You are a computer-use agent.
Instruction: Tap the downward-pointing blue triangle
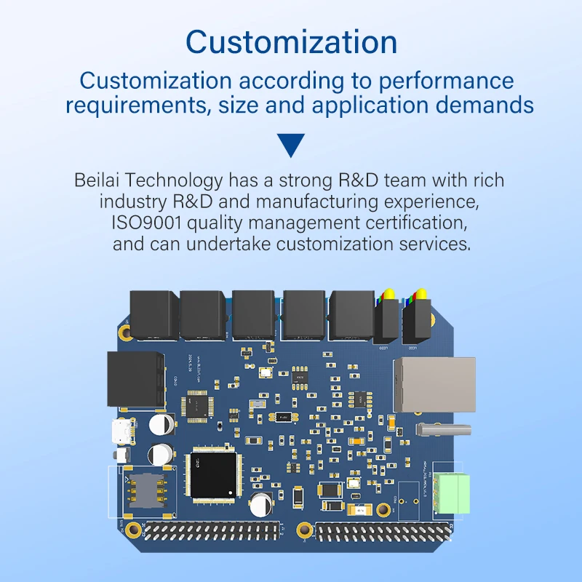pos(292,145)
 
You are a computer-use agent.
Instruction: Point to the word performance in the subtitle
pos(450,80)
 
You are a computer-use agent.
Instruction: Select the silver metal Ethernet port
pos(435,384)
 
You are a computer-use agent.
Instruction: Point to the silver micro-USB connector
pos(121,432)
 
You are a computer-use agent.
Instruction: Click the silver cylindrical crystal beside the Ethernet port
pos(444,430)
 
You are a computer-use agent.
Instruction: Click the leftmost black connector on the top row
pos(154,315)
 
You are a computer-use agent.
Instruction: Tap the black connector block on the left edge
pos(135,378)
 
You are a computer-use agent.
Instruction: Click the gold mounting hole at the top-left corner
pos(127,332)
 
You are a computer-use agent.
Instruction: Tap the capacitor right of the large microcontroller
pos(260,501)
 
